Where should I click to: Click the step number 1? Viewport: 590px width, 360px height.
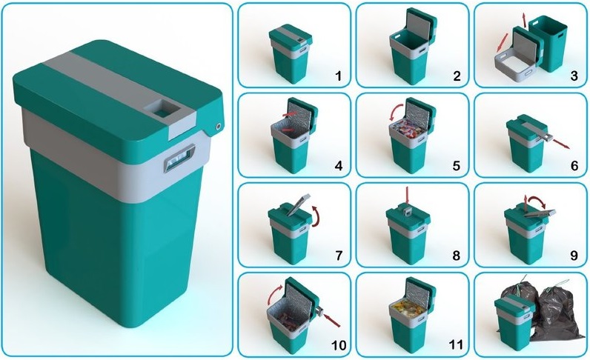[338, 76]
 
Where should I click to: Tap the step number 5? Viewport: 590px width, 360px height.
[457, 166]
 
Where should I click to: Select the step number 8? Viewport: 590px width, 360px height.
[457, 256]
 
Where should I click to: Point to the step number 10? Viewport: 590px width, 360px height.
[338, 345]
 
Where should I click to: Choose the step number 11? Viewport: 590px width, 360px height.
[456, 345]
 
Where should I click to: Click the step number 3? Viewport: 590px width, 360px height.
[574, 76]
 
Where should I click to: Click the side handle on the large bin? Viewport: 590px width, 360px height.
[179, 158]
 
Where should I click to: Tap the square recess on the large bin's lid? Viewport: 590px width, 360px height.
[162, 109]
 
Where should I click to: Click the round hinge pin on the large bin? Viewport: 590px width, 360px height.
[219, 127]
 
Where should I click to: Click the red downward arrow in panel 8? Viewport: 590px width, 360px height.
[407, 195]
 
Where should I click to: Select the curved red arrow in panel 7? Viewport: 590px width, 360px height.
[316, 216]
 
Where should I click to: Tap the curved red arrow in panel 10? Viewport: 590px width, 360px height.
[276, 294]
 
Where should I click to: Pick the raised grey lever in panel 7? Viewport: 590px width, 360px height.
[298, 204]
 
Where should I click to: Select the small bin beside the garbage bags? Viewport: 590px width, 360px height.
[514, 321]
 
